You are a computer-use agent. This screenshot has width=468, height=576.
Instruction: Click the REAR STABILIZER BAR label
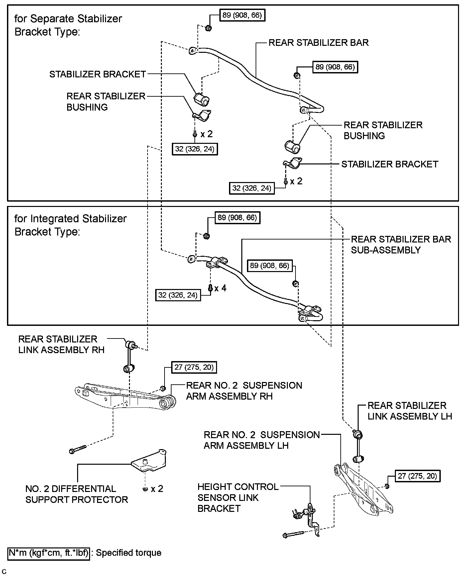tap(318, 43)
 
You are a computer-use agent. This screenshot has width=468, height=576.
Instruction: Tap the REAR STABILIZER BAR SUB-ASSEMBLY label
tap(401, 244)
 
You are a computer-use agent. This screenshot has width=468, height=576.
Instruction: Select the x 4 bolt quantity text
tap(220, 288)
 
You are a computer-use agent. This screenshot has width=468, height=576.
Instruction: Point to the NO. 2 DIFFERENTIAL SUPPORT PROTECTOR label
tap(76, 494)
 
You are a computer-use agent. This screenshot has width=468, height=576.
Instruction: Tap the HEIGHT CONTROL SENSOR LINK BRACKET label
tap(238, 497)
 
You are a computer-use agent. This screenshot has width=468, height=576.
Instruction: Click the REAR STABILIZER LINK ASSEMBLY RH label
tap(61, 344)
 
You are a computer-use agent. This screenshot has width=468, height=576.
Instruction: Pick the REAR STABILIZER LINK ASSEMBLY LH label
tap(410, 411)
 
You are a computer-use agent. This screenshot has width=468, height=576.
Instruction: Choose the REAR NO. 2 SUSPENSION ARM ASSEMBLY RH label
tap(244, 391)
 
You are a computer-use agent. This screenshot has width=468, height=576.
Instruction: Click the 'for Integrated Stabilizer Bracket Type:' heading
tap(70, 225)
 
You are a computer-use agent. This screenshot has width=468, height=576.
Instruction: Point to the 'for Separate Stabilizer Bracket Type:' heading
tap(68, 25)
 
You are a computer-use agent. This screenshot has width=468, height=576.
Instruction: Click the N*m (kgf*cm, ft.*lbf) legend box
tap(49, 553)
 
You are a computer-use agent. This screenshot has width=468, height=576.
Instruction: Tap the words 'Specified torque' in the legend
tap(129, 553)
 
